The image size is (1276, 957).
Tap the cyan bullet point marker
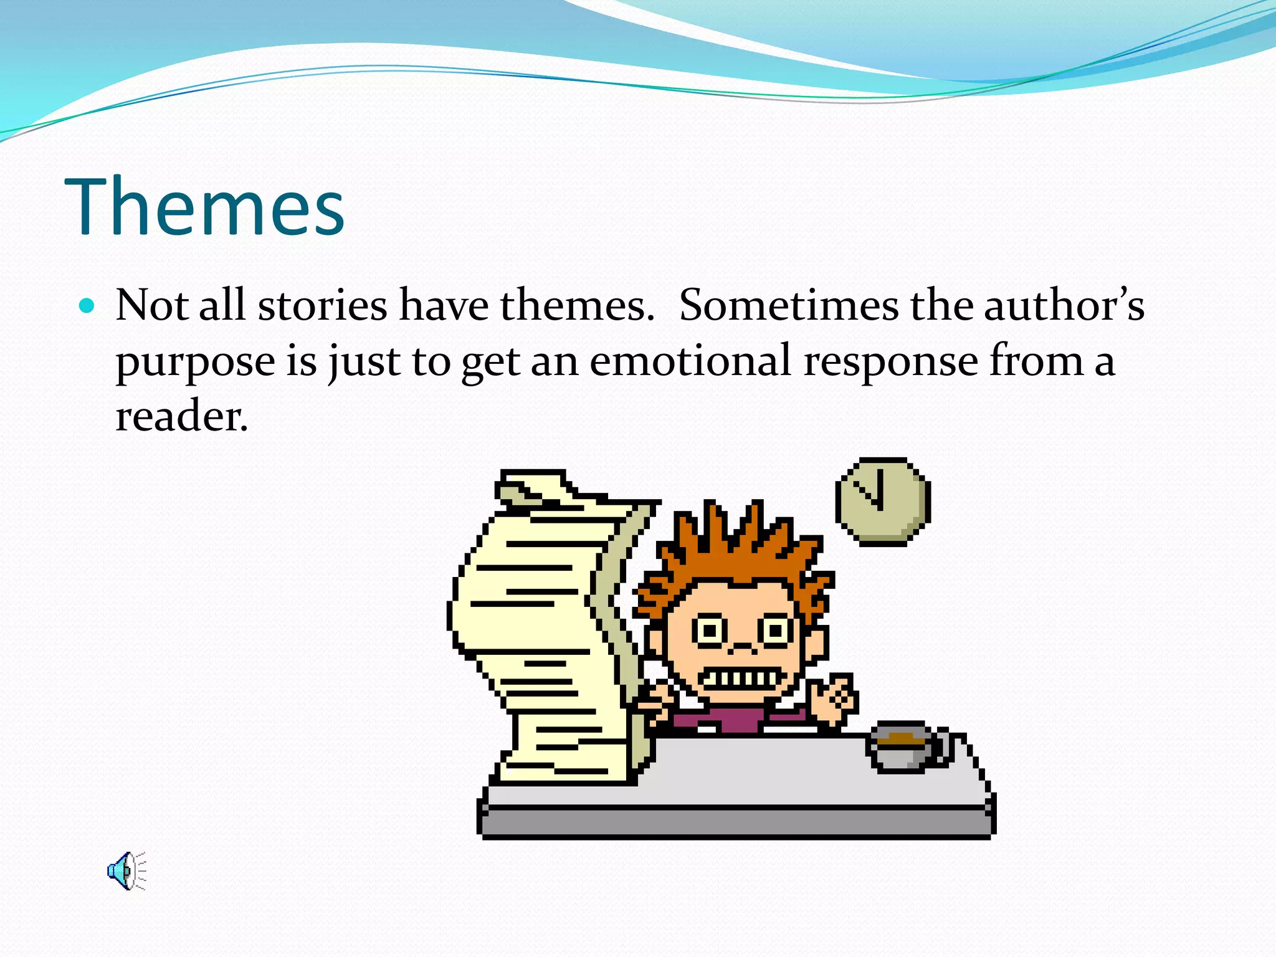pyautogui.click(x=87, y=306)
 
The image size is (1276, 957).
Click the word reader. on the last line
pyautogui.click(x=181, y=416)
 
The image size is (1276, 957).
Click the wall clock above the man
pyautogui.click(x=882, y=502)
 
